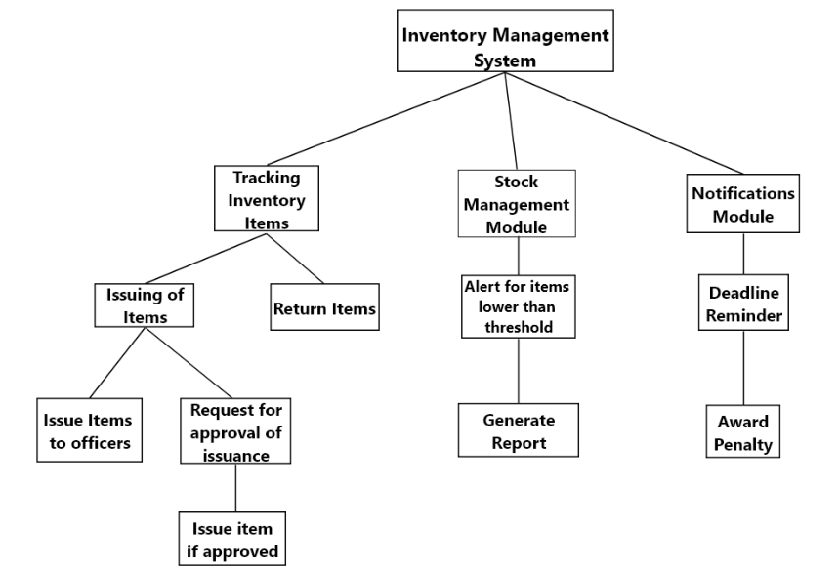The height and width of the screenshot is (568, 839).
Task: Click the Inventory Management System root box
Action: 505,41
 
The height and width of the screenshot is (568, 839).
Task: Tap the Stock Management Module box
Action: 516,204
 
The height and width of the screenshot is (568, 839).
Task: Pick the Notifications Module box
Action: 742,204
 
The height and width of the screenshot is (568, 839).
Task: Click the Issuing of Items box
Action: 146,304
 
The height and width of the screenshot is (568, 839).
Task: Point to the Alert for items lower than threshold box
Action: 517,306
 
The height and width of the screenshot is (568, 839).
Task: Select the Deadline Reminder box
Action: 743,304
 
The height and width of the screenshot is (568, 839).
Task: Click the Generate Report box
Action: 518,430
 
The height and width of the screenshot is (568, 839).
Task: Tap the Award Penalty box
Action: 743,431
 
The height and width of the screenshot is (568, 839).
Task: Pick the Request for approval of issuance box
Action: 235,430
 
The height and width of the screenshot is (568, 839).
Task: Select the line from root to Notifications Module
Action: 625,121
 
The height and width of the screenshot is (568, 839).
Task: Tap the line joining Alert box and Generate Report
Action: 517,369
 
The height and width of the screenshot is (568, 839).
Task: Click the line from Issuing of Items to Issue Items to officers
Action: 117,362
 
